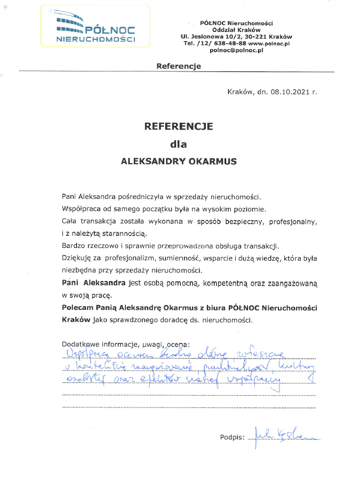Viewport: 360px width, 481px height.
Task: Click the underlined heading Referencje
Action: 179,66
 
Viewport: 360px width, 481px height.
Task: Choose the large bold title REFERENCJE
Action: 179,126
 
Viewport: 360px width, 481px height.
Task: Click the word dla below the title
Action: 179,144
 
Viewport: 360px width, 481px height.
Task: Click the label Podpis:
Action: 232,438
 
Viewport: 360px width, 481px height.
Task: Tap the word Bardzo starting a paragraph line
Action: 73,245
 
